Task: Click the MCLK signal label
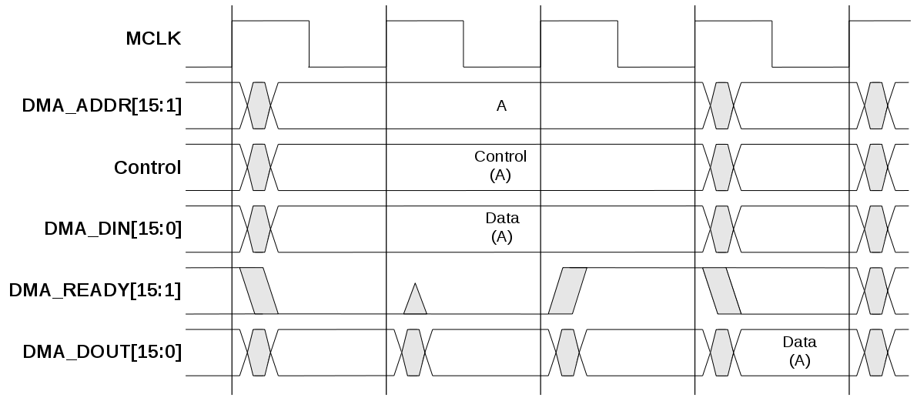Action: click(153, 38)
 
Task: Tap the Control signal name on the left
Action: click(147, 167)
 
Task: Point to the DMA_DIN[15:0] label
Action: click(112, 229)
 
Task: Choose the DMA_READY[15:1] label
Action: click(95, 290)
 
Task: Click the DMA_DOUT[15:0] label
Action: click(102, 352)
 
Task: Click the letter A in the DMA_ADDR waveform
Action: click(501, 106)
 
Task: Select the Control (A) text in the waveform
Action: click(500, 166)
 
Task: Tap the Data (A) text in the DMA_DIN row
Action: click(501, 228)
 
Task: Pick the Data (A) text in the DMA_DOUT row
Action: click(799, 351)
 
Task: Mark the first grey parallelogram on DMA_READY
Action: click(259, 291)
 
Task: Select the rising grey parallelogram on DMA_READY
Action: click(567, 291)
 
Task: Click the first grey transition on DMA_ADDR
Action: click(259, 105)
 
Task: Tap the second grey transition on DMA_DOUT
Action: click(413, 352)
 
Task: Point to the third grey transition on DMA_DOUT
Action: click(567, 352)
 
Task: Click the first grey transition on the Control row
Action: click(259, 167)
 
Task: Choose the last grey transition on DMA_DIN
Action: click(875, 229)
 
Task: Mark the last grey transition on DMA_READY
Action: click(875, 290)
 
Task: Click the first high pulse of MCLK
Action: click(270, 22)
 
